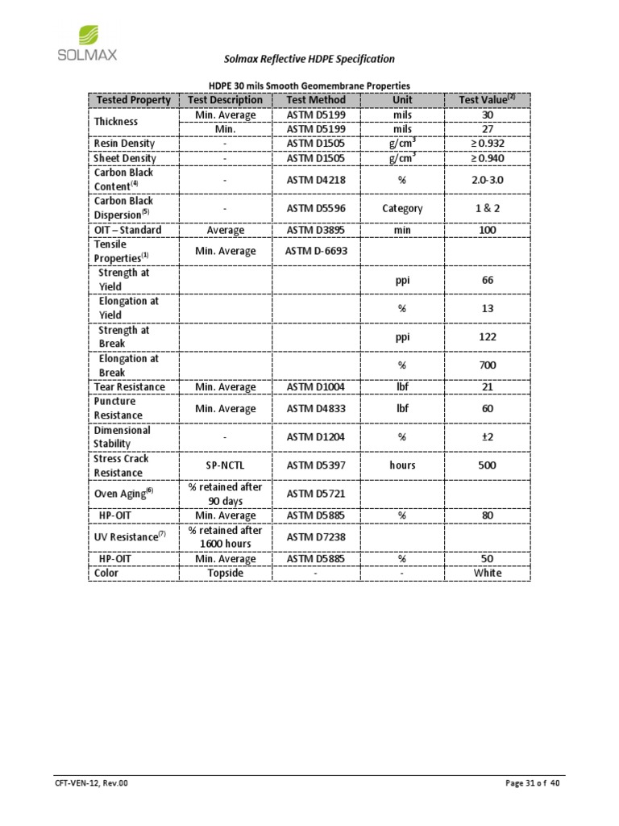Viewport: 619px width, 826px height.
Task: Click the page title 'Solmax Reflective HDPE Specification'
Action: (309, 59)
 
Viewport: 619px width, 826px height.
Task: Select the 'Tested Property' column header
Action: (133, 100)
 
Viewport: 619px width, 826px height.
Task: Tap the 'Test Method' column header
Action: (316, 100)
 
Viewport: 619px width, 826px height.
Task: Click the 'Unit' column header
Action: (402, 100)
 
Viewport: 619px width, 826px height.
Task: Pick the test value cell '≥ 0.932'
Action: (487, 143)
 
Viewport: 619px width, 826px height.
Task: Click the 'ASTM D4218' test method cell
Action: (316, 179)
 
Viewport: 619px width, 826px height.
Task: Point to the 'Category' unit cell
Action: (402, 208)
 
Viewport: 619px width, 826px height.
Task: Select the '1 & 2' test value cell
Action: (487, 208)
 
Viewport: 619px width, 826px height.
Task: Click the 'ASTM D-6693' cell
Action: (316, 251)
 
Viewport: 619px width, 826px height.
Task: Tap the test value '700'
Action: (487, 365)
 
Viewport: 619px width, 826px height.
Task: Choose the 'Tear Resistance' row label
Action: (129, 387)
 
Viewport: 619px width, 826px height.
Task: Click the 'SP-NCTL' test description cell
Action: (225, 465)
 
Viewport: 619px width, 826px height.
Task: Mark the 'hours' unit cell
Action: (402, 465)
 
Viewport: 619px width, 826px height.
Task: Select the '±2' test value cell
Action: (487, 437)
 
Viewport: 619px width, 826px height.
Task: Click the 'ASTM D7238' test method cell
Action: (316, 537)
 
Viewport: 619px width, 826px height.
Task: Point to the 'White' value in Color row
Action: (487, 573)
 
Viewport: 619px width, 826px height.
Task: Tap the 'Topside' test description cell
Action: (225, 573)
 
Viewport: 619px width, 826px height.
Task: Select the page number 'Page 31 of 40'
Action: (532, 784)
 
